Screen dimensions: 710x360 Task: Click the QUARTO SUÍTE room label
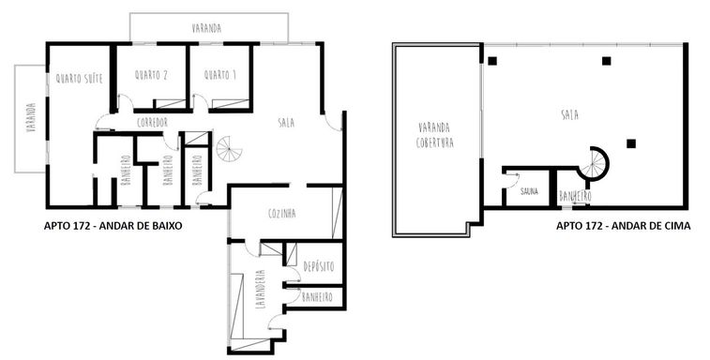79,79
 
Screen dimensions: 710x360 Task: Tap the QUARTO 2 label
151,75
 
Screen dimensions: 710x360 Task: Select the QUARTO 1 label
220,75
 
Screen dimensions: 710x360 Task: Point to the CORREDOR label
152,122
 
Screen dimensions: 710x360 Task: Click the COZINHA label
281,213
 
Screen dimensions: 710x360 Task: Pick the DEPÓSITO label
319,266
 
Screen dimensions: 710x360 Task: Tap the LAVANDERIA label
260,289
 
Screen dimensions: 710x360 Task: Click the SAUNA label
529,191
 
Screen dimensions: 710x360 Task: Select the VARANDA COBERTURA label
434,134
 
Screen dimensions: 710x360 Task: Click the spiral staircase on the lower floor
229,149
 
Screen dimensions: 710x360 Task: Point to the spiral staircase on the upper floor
594,164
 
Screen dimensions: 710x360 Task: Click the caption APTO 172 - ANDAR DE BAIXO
113,226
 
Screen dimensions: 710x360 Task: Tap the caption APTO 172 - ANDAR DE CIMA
623,226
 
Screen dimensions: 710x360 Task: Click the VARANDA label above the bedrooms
206,28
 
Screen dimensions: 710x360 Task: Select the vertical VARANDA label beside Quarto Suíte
31,118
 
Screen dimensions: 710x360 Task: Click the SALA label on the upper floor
569,115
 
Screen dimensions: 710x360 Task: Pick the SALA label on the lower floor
286,122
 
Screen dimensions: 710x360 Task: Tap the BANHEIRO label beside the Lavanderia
317,297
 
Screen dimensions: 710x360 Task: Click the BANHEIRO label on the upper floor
575,197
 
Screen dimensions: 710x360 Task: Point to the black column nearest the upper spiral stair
631,143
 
